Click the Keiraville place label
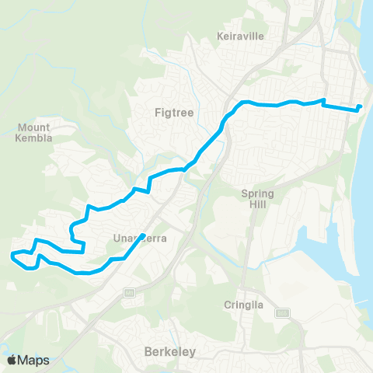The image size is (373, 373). coord(241,35)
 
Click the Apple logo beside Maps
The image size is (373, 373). coord(12,360)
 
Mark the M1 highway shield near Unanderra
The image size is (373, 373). coord(130,292)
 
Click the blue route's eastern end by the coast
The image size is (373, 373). coord(360,106)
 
